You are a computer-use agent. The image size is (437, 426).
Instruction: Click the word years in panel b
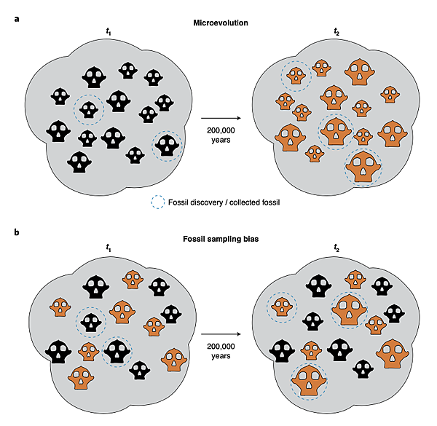coord(221,358)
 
